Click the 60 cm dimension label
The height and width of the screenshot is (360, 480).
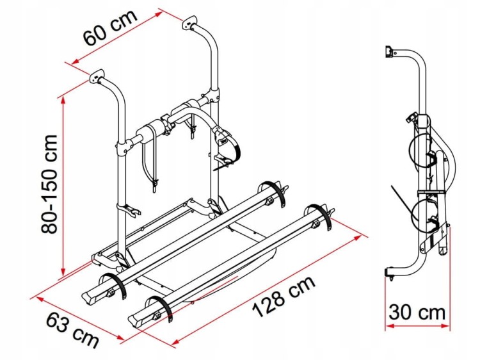pyautogui.click(x=110, y=28)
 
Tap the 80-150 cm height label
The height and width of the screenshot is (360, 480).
pyautogui.click(x=49, y=184)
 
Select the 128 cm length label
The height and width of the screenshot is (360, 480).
pyautogui.click(x=283, y=297)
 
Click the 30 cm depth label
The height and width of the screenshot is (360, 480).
pyautogui.click(x=417, y=313)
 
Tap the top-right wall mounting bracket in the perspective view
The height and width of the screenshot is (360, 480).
pyautogui.click(x=190, y=23)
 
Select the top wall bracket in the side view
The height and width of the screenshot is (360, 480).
pyautogui.click(x=389, y=51)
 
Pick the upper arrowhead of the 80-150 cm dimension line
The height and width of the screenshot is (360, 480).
pyautogui.click(x=63, y=99)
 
